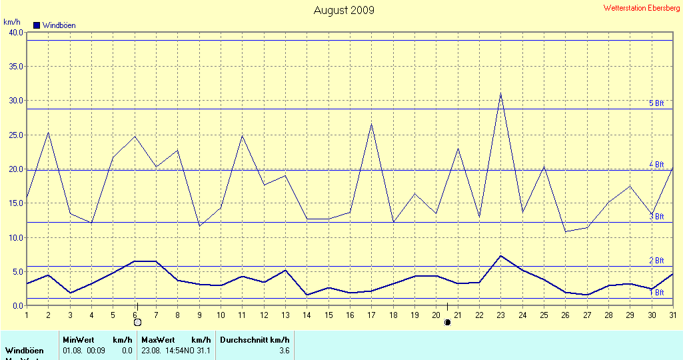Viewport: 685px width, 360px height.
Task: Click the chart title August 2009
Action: point(344,10)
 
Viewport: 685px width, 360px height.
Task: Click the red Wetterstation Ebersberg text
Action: point(642,9)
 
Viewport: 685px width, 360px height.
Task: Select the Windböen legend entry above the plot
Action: point(55,25)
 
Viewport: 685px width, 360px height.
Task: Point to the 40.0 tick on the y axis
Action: point(15,33)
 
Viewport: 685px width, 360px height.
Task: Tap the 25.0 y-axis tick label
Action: point(15,135)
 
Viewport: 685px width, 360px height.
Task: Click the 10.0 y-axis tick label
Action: point(15,238)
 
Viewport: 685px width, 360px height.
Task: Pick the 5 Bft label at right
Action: point(657,103)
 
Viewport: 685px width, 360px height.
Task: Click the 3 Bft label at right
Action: point(657,217)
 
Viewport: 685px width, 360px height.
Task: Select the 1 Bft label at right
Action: point(657,293)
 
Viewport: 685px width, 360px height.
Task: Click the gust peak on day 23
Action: point(500,93)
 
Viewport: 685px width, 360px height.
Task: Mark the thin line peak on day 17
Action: point(371,124)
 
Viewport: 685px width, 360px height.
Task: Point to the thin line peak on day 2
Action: point(48,132)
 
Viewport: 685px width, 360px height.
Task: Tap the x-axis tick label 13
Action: point(285,315)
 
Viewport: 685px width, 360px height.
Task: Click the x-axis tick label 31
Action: point(673,315)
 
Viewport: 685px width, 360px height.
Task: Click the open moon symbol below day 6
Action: point(137,323)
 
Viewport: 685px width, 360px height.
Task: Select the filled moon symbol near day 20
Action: point(447,323)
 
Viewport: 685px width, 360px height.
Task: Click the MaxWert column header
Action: point(155,340)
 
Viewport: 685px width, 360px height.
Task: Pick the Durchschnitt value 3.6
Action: point(284,351)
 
